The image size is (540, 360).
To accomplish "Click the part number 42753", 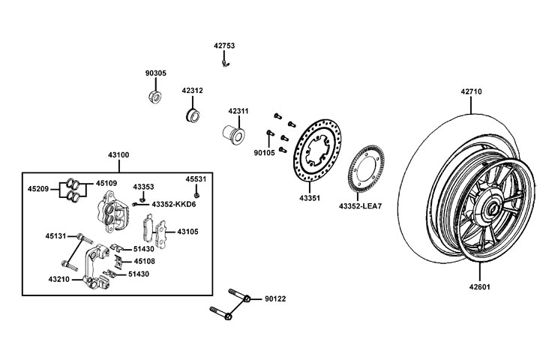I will [x=224, y=46].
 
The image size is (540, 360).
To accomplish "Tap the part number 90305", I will [x=156, y=73].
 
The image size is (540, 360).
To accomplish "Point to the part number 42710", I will [x=471, y=92].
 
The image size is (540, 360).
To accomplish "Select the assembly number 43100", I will [x=118, y=155].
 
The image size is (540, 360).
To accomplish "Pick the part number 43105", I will [x=187, y=232].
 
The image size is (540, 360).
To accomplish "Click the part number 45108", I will [x=144, y=262].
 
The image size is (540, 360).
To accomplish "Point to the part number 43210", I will [x=59, y=279].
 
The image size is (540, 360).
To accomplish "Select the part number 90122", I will [x=275, y=299].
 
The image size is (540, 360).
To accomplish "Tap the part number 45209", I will [x=38, y=189].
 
